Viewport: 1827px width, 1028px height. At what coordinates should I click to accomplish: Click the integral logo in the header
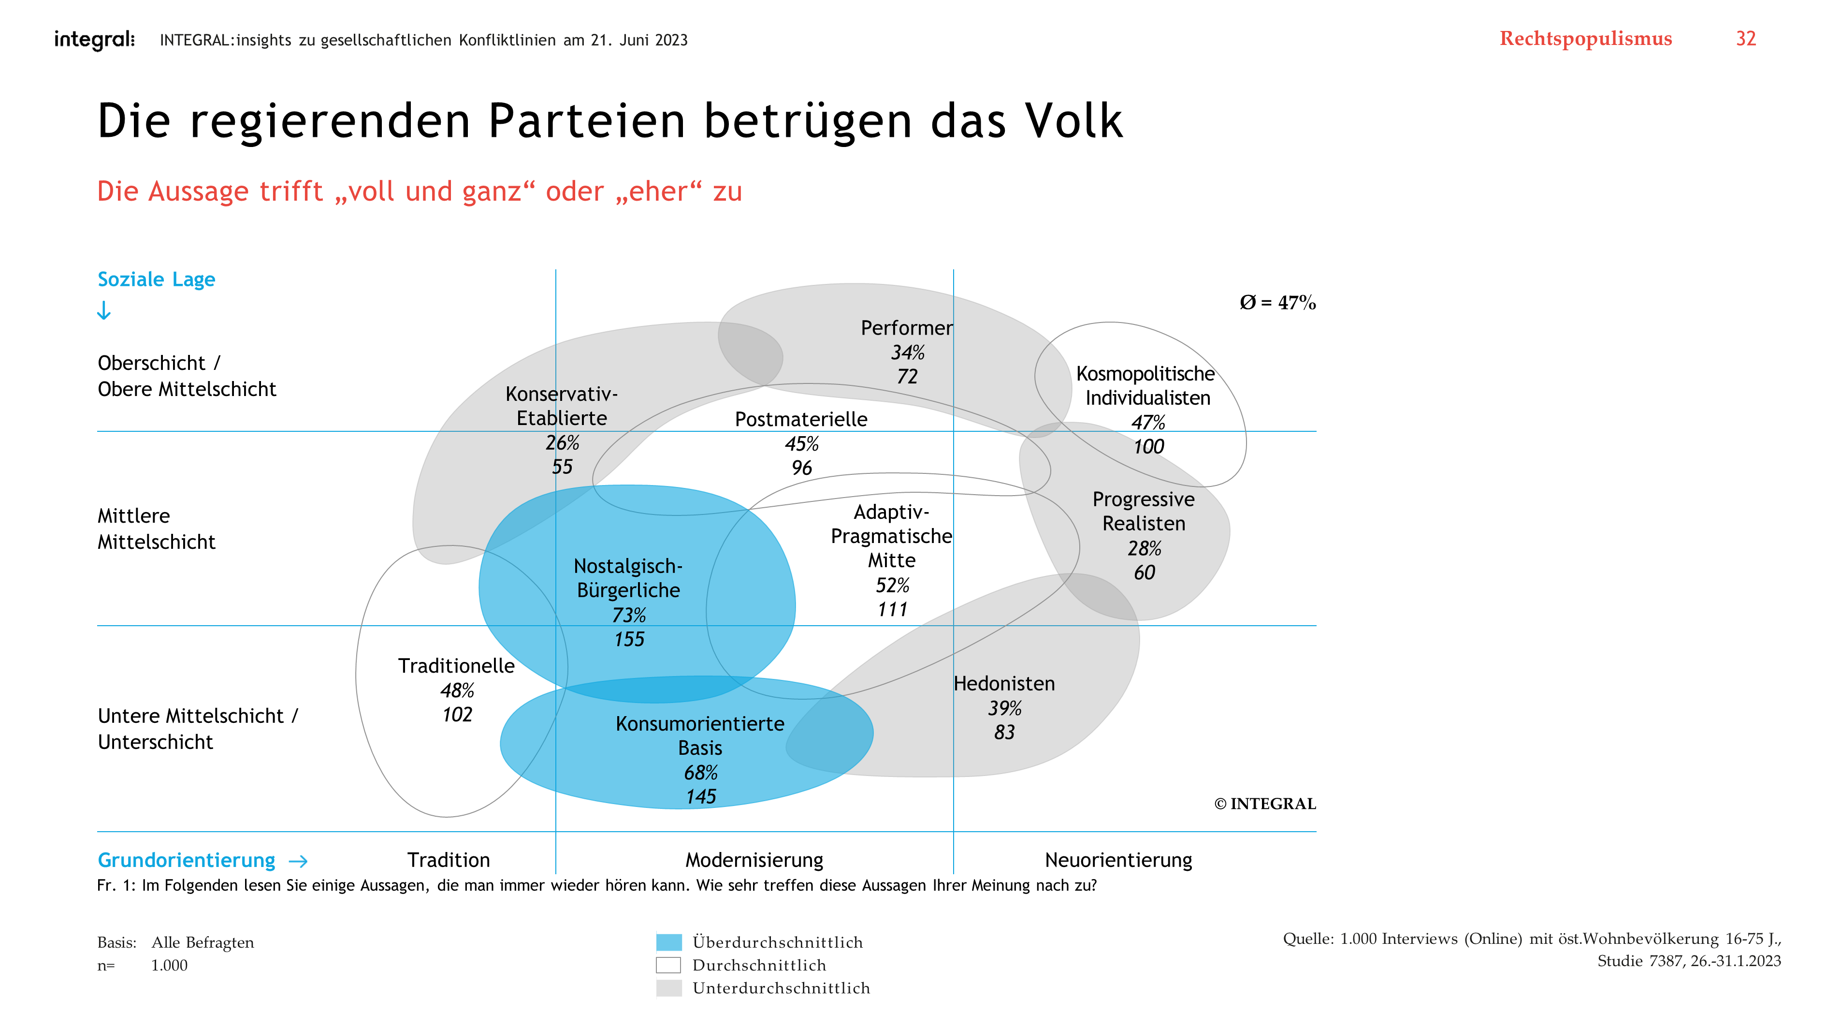click(94, 40)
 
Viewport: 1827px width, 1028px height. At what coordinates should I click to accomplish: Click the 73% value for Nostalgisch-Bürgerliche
click(628, 615)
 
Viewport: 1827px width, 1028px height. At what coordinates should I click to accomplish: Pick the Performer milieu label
click(906, 328)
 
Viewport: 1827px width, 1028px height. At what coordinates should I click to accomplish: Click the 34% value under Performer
click(908, 352)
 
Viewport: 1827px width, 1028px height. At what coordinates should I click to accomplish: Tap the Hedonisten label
click(1003, 683)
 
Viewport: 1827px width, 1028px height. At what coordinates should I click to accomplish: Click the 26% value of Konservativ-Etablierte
click(562, 443)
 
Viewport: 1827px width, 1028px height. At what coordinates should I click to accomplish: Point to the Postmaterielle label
click(801, 419)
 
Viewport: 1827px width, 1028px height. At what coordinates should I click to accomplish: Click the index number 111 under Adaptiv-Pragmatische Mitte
click(892, 609)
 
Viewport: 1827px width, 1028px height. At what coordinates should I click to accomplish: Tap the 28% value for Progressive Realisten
click(1144, 548)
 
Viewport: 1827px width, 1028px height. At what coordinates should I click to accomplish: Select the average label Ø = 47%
click(1277, 303)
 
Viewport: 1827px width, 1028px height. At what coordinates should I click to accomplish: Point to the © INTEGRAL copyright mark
click(1264, 804)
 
